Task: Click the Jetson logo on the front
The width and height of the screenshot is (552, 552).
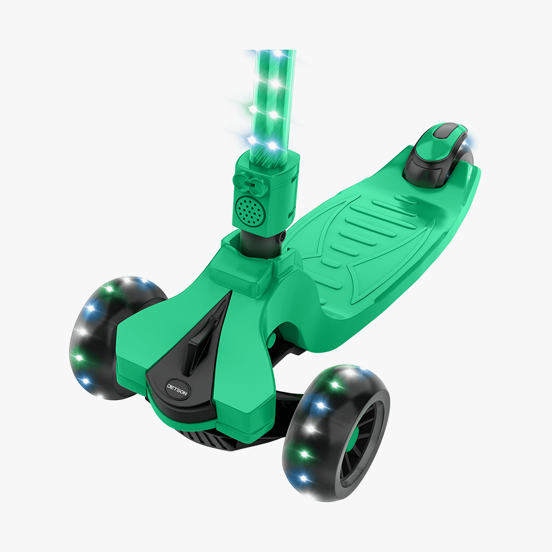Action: coord(177,389)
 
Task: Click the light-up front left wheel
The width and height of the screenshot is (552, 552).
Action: coord(113,338)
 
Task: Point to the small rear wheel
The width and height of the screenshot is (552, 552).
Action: coord(454,165)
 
